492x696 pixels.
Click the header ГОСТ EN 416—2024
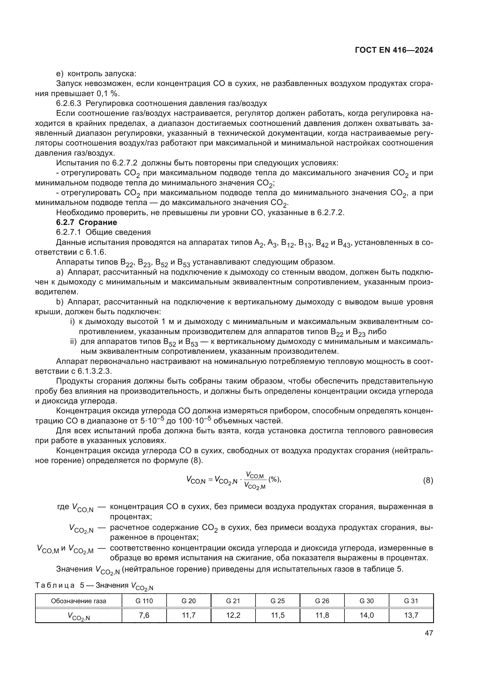click(x=394, y=50)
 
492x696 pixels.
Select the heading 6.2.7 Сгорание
click(x=86, y=223)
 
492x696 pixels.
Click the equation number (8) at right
click(x=428, y=481)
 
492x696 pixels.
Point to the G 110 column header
click(x=144, y=601)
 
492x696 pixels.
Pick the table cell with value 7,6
click(x=144, y=615)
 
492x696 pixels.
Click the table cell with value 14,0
click(x=366, y=615)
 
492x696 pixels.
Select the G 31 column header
click(x=411, y=601)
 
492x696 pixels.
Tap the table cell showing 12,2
click(x=233, y=615)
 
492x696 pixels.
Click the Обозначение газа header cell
click(x=79, y=601)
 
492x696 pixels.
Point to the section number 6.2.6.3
click(x=68, y=103)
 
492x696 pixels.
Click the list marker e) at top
click(x=60, y=74)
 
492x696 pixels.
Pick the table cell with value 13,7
click(x=411, y=615)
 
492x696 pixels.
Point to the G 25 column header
click(x=278, y=601)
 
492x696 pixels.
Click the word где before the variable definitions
click(x=63, y=507)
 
